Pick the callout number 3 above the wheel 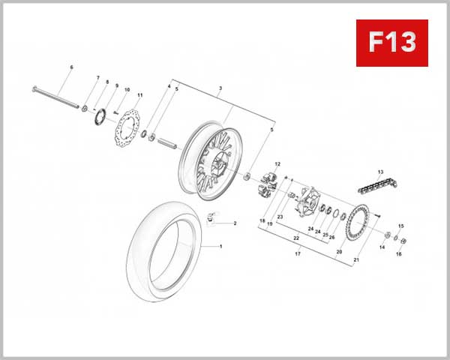tap(220, 88)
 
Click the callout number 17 tap(298, 254)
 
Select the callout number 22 tap(296, 238)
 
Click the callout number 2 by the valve tap(235, 223)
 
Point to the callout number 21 tap(356, 260)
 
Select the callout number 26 tap(332, 236)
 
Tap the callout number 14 tap(382, 247)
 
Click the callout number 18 tap(262, 221)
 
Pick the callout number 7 tap(97, 78)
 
